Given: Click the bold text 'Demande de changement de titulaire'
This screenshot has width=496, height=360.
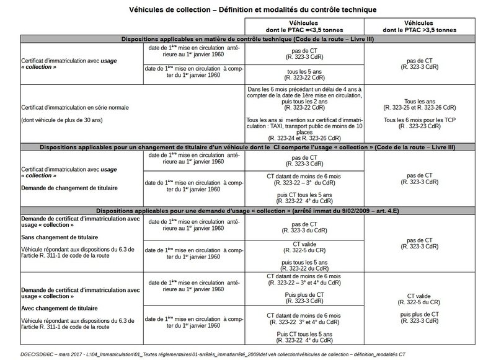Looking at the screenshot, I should pos(60,186).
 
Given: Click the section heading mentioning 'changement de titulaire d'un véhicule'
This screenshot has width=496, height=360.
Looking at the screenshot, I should pos(248,147).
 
